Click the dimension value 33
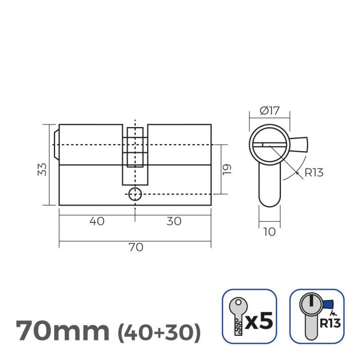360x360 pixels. tap(43, 169)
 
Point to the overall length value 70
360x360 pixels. tap(135, 247)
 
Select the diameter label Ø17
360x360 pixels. tap(269, 110)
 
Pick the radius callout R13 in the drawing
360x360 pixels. tap(314, 173)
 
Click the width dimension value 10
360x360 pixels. tap(269, 232)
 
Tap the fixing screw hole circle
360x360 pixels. tap(135, 194)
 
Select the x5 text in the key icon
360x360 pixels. tap(257, 322)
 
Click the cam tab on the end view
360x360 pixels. tap(300, 144)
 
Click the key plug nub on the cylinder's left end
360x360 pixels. tap(56, 145)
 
